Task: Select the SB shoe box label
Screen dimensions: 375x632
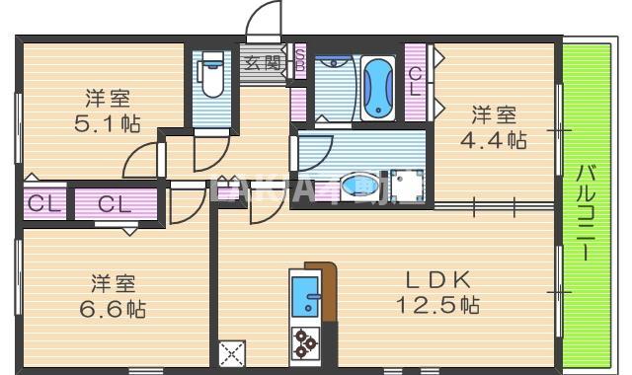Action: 300,62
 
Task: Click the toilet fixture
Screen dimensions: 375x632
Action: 209,77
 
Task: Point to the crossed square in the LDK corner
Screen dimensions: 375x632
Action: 232,353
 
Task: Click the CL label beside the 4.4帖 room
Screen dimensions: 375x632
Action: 416,80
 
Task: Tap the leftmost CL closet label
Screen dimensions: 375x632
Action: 41,205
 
